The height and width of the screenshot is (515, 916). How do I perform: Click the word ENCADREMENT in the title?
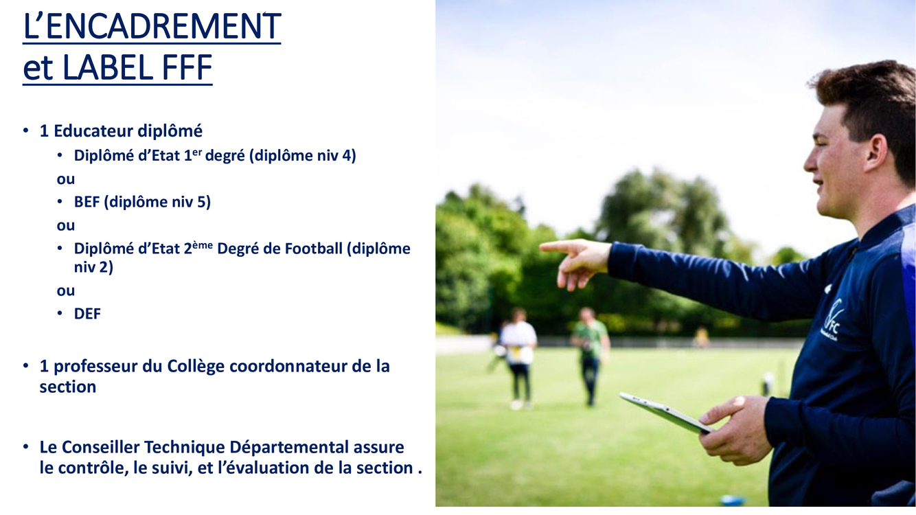(163, 27)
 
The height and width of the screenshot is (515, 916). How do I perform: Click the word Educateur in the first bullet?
(93, 131)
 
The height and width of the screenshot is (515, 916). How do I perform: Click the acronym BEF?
(87, 202)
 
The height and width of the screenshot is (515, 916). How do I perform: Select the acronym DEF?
(87, 314)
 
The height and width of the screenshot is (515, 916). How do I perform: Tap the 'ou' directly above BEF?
(65, 179)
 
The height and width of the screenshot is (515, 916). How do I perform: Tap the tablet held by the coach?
(667, 413)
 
